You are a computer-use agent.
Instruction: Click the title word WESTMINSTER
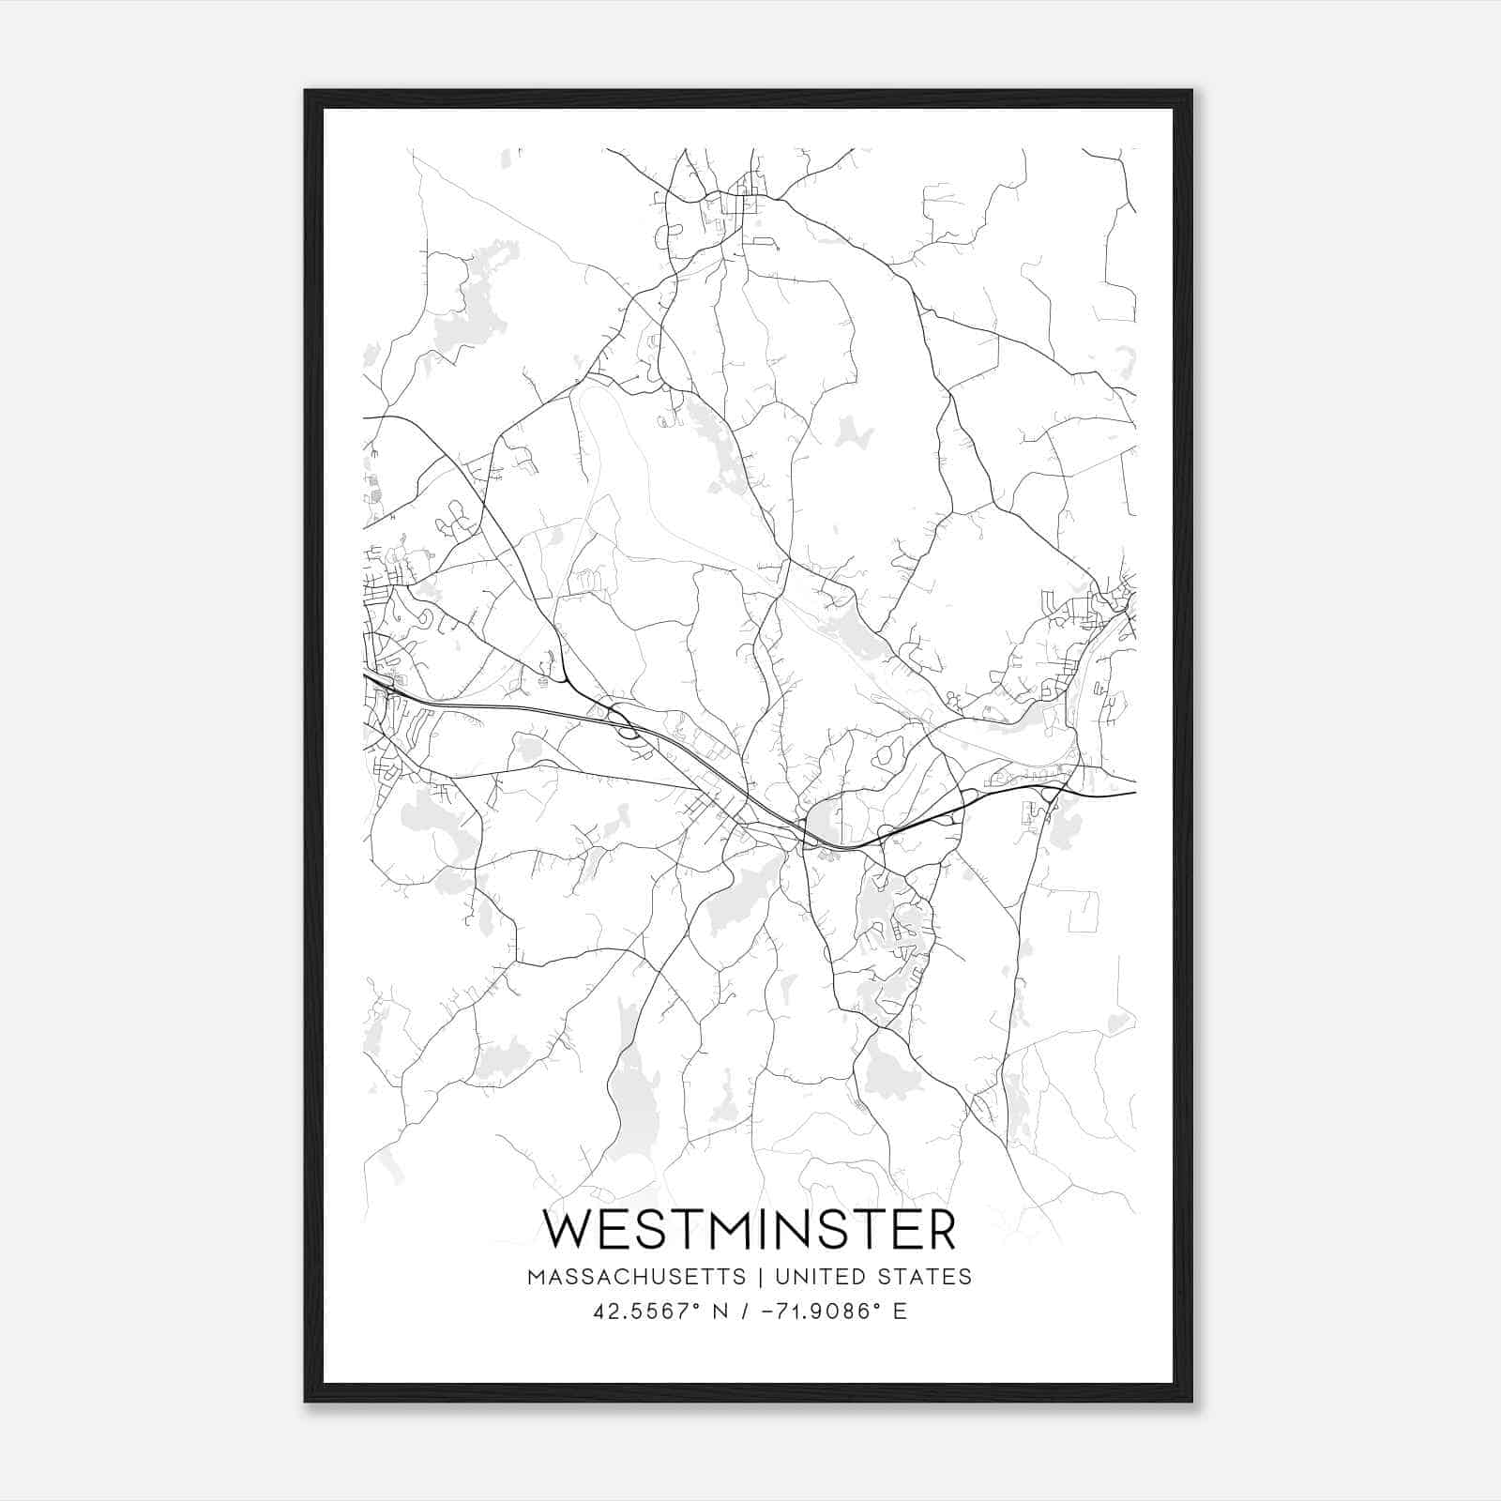(750, 1230)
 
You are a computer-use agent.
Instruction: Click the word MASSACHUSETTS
(637, 1277)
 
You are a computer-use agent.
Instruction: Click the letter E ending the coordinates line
(901, 1311)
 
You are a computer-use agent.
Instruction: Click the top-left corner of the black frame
(306, 91)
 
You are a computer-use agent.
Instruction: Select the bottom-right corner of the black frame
(1191, 1401)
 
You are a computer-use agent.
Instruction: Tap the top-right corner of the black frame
(1191, 91)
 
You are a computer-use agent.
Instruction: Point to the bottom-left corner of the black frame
(306, 1401)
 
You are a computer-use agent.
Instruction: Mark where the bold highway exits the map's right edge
(1135, 793)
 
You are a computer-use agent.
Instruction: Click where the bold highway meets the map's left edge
(365, 675)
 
